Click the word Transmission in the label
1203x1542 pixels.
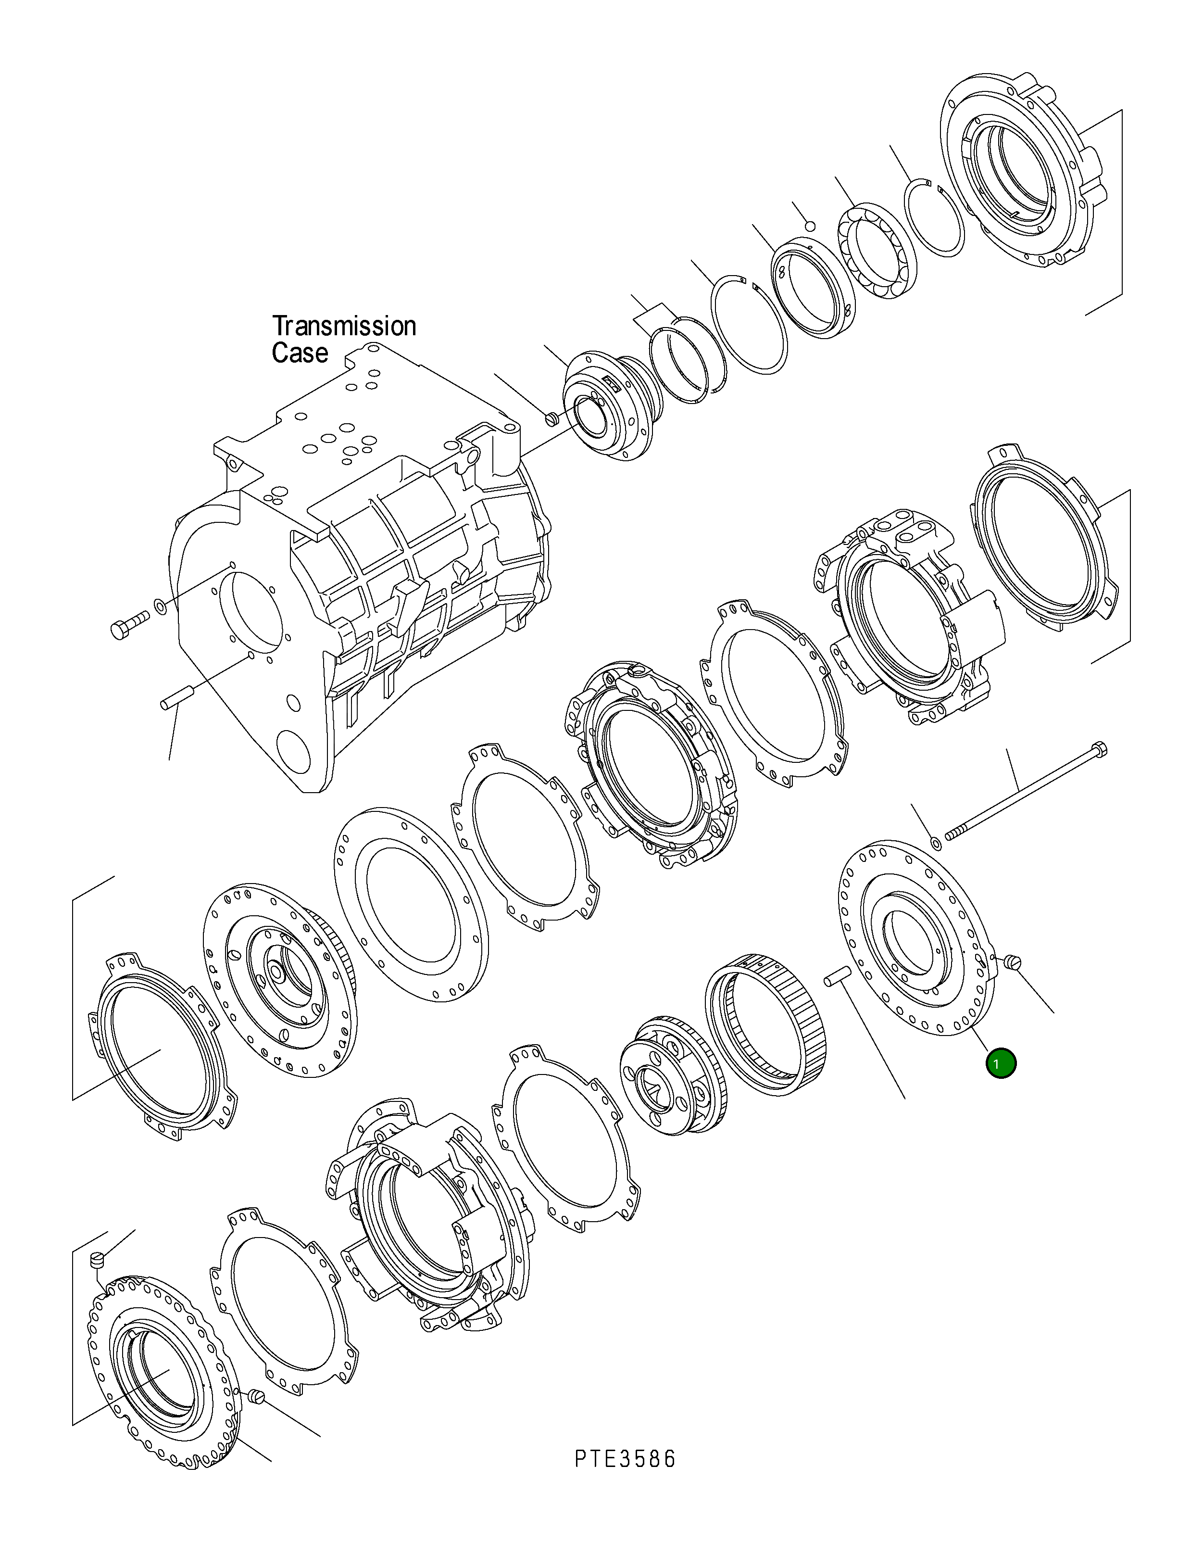[x=344, y=326]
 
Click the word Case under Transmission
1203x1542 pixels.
[x=300, y=353]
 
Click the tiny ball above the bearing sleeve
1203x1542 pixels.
[x=811, y=226]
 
